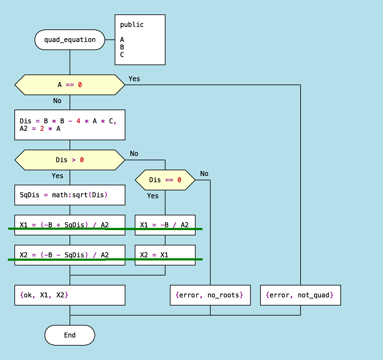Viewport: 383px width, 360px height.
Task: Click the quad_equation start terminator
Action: coord(70,40)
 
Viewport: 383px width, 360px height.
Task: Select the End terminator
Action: coord(70,335)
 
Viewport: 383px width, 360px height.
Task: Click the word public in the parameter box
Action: coord(132,25)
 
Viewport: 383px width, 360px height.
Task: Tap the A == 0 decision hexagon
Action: coord(70,85)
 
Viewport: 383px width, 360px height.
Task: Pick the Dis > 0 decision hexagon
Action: coord(70,160)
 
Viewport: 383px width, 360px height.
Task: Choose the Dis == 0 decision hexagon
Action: coord(165,180)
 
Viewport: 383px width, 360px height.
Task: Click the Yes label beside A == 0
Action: coord(134,79)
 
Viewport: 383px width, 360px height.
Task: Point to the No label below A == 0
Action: coord(57,101)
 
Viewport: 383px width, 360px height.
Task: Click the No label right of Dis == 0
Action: coord(204,174)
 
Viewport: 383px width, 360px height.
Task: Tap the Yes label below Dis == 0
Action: coord(153,196)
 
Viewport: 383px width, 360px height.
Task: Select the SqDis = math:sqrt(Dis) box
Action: coord(70,195)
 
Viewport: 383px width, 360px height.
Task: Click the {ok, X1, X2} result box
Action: coord(70,295)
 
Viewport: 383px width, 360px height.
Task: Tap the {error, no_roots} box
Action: coord(210,295)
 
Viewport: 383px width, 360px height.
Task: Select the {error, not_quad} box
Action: coord(300,295)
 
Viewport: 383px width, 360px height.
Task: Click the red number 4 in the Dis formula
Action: coord(78,121)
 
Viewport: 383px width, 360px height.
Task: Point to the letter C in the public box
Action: coord(122,55)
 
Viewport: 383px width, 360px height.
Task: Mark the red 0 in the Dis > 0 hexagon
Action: coord(82,160)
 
